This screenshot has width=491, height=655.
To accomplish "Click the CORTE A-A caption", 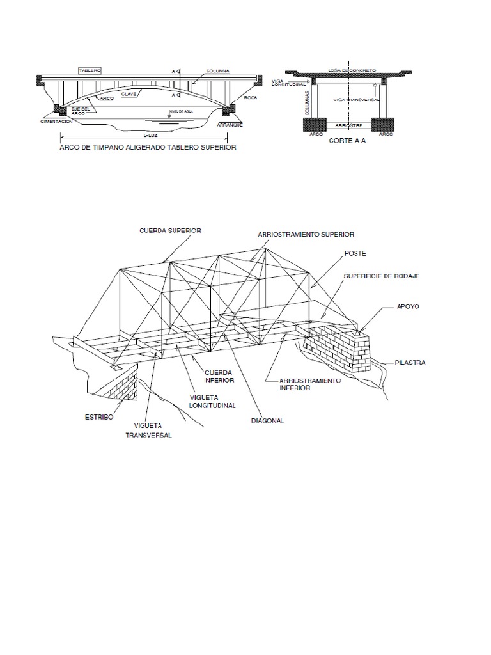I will pos(347,142).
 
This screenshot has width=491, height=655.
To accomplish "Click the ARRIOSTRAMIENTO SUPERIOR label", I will pos(306,235).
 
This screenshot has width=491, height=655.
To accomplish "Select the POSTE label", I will pos(355,253).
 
